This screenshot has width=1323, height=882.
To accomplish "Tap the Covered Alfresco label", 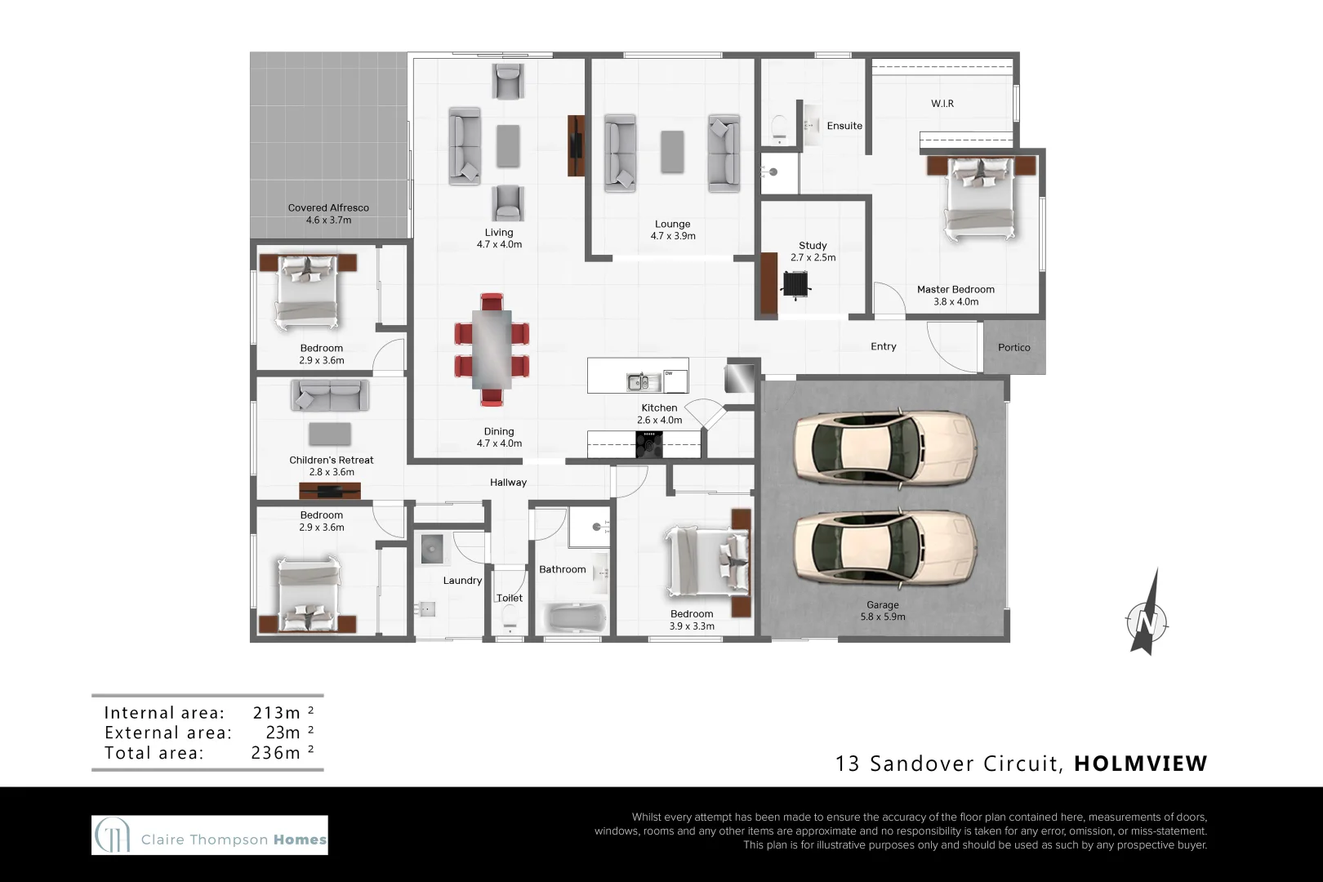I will click(x=328, y=208).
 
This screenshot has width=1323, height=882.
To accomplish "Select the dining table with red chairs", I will click(x=492, y=349).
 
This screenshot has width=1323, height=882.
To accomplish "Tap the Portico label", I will click(x=1014, y=348).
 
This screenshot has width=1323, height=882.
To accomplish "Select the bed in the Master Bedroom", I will click(x=980, y=197).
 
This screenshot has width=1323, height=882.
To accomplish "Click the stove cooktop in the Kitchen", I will click(x=649, y=444).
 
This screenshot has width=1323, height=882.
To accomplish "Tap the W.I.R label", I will click(x=942, y=104).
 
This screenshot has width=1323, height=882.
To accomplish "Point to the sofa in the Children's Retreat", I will click(x=330, y=396).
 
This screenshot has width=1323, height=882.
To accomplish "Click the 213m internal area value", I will click(x=276, y=713).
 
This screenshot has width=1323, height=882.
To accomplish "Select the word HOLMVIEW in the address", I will click(x=1140, y=764).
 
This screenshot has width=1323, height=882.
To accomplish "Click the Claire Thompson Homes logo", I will click(x=210, y=835).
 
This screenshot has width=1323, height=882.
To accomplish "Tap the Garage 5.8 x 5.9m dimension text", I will click(x=883, y=617).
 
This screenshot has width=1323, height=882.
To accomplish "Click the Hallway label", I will click(x=508, y=483).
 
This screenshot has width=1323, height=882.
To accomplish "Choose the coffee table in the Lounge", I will click(x=672, y=152).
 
